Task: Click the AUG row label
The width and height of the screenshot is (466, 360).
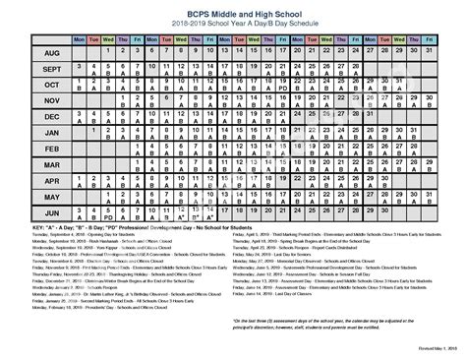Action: pyautogui.click(x=26, y=53)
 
